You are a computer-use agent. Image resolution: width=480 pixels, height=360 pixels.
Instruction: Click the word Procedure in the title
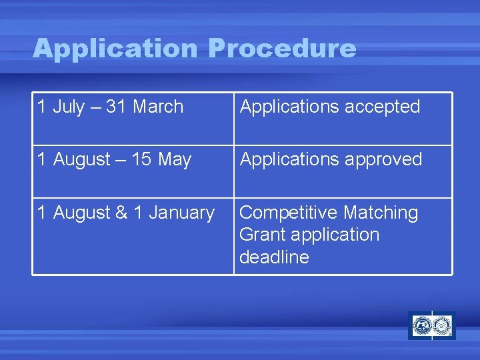point(282,49)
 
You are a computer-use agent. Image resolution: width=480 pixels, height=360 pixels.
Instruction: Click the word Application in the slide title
point(115,49)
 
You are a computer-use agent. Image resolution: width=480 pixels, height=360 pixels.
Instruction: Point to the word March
point(158,107)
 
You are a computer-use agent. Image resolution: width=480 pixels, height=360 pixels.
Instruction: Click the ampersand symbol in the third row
point(122,213)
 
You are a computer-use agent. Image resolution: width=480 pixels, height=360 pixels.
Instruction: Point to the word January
point(181,213)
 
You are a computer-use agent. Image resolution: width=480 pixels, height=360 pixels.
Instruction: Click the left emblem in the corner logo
point(421,326)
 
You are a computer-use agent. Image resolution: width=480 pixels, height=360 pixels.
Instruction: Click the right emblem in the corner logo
point(443,326)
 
